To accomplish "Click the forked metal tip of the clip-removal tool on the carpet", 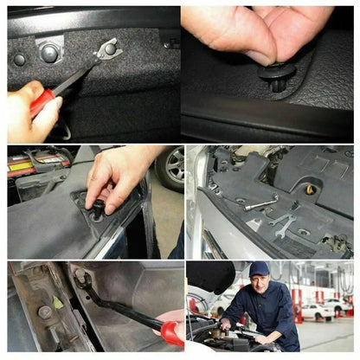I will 107,51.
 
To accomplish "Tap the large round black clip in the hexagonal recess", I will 49,53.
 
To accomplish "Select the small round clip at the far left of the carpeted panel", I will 19,60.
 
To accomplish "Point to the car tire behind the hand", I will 170,167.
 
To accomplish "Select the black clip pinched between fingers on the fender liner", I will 99,208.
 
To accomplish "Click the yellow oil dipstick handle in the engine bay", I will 310,189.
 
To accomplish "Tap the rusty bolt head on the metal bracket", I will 44,312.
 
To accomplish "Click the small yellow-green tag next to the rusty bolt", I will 58,301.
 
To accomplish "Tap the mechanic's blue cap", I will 259,269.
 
